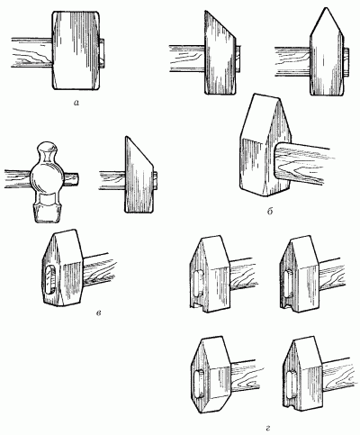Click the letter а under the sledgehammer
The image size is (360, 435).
point(76,104)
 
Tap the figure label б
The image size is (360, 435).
point(270,212)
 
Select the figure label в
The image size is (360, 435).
point(98,313)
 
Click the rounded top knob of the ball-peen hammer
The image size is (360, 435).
point(46,149)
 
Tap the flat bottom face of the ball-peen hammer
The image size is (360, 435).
point(46,221)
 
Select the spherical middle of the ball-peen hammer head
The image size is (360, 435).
point(46,178)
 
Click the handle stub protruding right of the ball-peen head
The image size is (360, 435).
point(70,179)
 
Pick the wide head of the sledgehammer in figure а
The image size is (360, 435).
point(76,50)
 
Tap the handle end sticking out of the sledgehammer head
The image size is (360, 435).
point(102,53)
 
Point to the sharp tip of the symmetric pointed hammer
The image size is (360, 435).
point(326,7)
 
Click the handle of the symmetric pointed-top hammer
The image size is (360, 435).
point(292,62)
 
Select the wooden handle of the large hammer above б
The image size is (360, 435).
point(302,165)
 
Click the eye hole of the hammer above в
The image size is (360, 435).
point(50,281)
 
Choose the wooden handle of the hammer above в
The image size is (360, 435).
point(99,270)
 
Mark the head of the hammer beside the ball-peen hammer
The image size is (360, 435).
point(139,175)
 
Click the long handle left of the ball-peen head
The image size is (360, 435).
point(18,179)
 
